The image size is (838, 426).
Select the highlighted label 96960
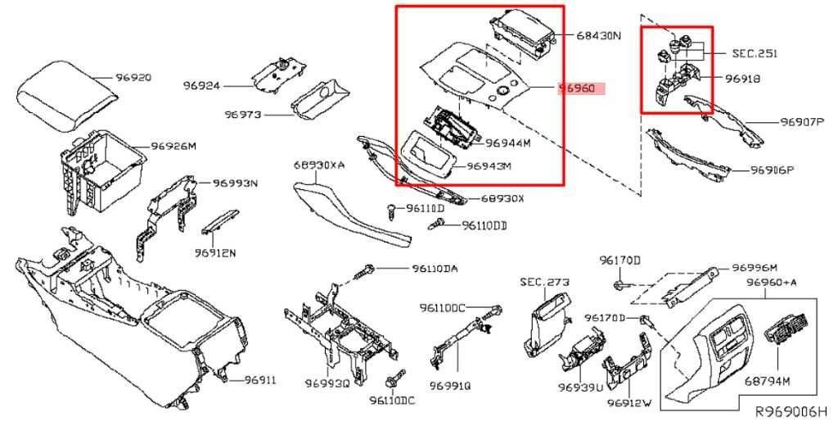(577, 88)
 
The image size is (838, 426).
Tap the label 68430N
(598, 36)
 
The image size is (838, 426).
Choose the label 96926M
(174, 147)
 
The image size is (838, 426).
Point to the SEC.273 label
(544, 282)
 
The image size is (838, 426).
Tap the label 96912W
(629, 403)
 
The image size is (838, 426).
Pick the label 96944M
(508, 143)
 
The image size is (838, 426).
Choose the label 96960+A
(771, 283)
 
